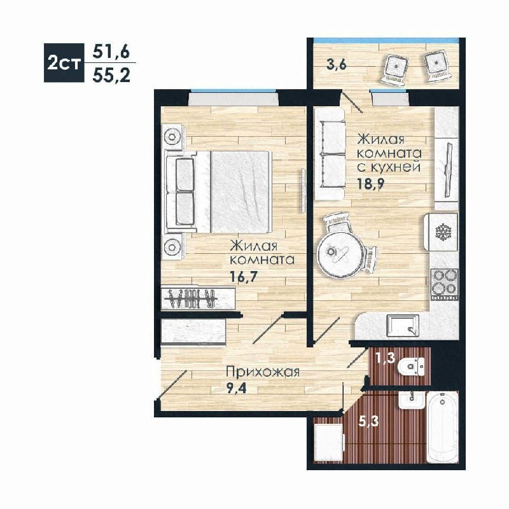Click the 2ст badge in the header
(x=64, y=62)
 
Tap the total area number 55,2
(x=111, y=76)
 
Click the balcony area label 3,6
(x=337, y=64)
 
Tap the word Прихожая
(x=263, y=372)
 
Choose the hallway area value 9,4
(x=236, y=388)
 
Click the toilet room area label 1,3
(x=386, y=358)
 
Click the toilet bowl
(x=411, y=367)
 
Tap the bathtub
(x=442, y=427)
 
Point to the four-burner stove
(x=444, y=284)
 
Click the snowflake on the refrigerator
(x=442, y=232)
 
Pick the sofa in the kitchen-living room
(x=329, y=154)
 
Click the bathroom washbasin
(x=411, y=401)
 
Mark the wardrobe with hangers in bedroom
(x=199, y=298)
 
